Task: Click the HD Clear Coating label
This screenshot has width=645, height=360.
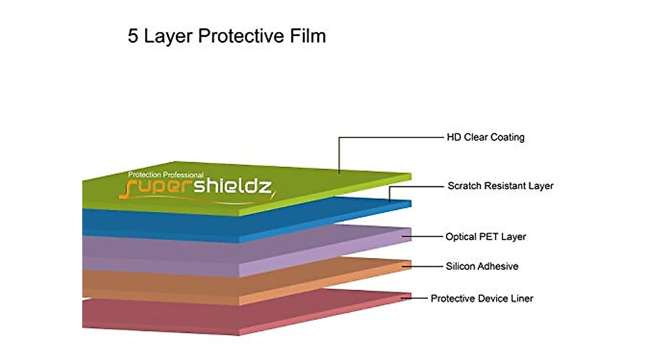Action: pos(485,137)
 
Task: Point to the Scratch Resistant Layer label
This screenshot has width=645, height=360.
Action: pos(500,186)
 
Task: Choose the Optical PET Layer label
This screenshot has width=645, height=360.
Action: pos(485,236)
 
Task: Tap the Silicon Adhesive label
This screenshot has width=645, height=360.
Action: pos(482,266)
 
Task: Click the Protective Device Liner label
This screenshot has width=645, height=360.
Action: pos(482,298)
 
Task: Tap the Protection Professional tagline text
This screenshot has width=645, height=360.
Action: pos(166,175)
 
